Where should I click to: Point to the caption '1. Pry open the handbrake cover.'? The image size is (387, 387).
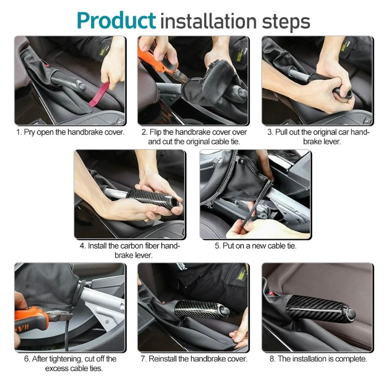click(x=70, y=132)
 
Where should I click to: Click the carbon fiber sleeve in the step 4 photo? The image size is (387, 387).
click(x=152, y=199)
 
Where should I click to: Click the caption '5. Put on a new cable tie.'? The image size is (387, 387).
click(x=256, y=246)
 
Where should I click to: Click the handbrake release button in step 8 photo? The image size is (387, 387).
click(x=351, y=314)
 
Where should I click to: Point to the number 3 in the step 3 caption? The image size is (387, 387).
click(x=270, y=132)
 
